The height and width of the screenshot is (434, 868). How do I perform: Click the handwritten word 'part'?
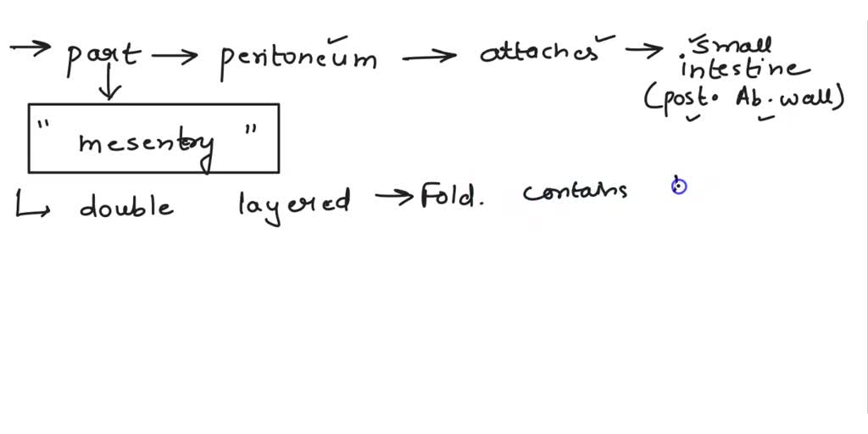103,58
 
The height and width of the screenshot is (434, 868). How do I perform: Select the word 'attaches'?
540,53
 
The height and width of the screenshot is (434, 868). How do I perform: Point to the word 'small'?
732,47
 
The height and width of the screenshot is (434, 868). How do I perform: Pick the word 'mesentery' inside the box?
147,146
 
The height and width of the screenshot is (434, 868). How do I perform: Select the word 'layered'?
294,204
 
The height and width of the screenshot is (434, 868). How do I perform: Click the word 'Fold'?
449,196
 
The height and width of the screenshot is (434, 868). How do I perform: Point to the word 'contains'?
575,192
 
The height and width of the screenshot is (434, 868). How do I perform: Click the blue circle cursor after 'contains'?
679,186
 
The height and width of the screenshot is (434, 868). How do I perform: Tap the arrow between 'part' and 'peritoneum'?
175,55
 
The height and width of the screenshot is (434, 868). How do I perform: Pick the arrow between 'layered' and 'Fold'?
393,196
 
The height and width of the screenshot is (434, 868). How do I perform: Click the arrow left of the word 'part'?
30,47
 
